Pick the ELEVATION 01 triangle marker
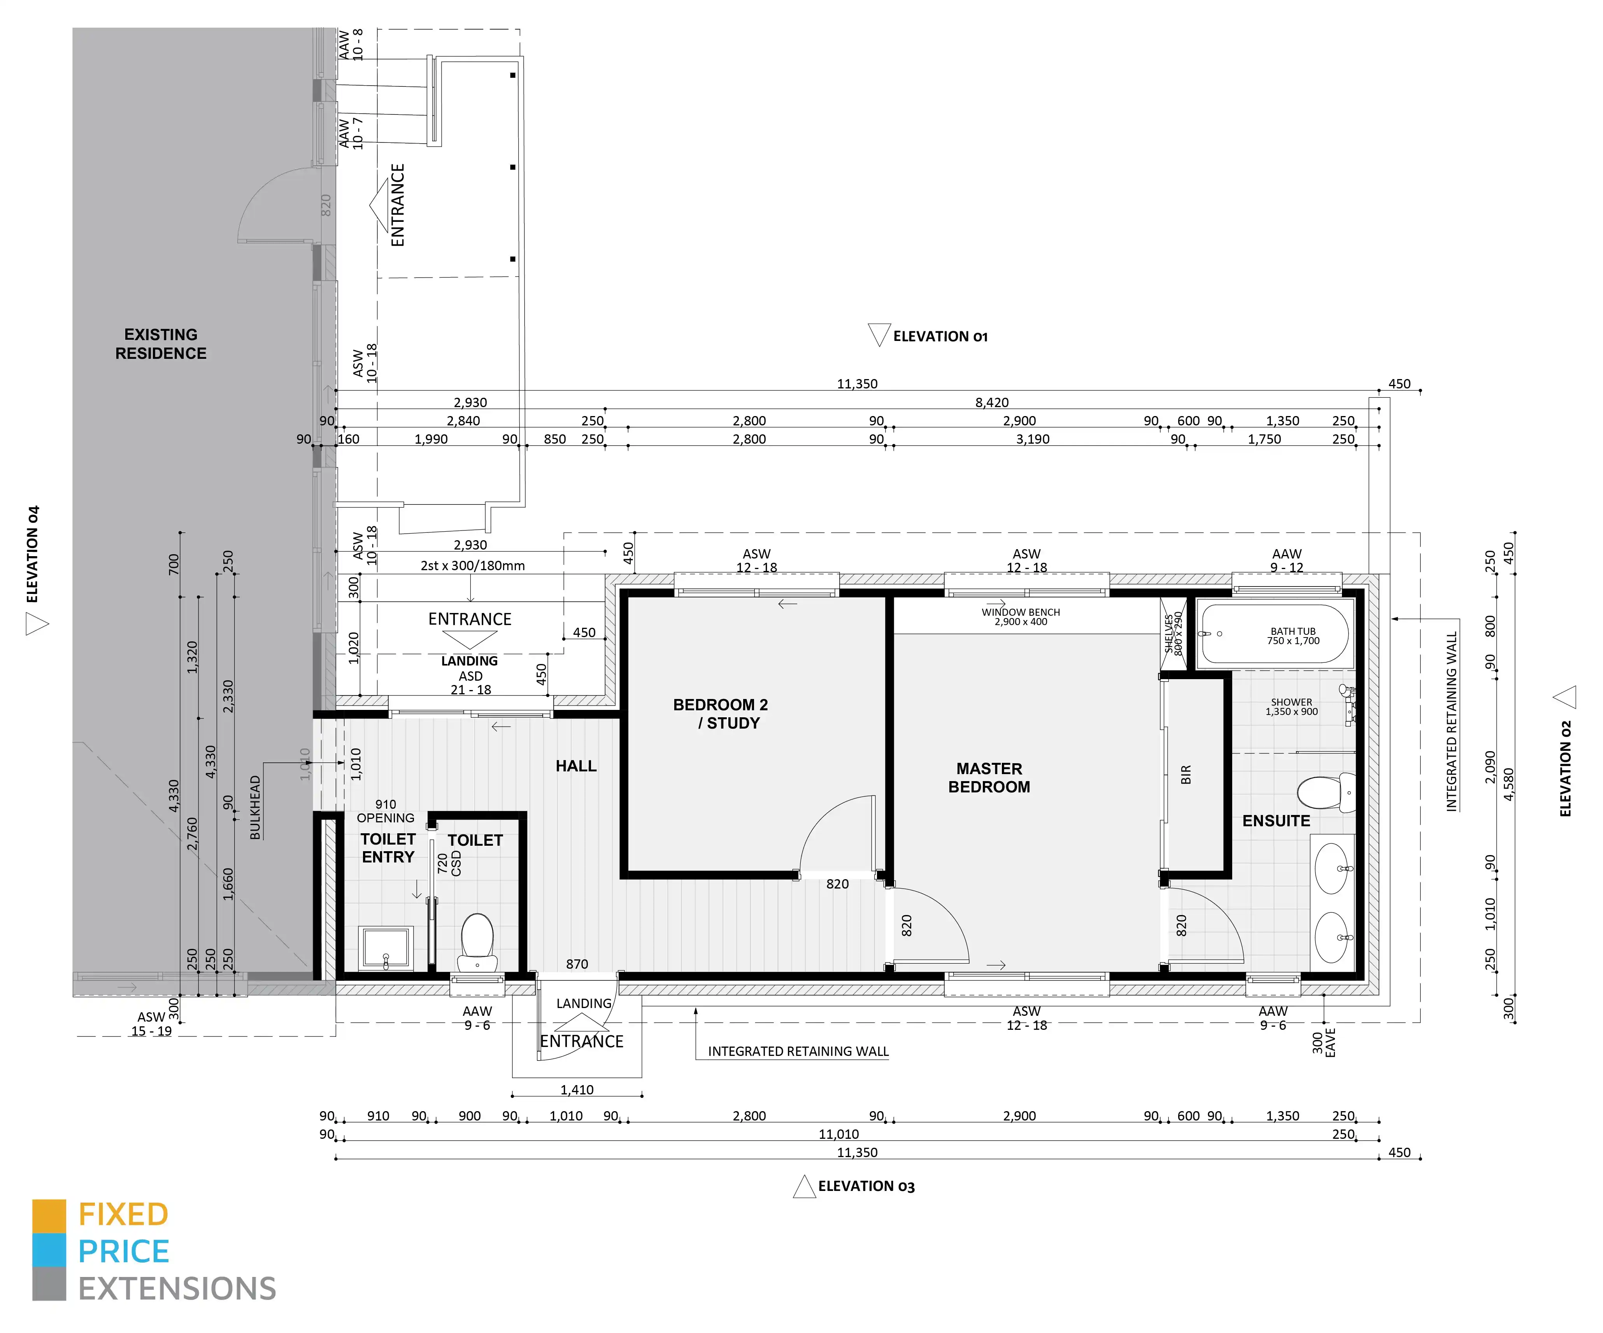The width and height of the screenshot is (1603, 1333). (x=879, y=334)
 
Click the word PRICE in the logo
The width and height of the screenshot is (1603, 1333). (x=124, y=1251)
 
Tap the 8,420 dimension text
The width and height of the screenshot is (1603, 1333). (x=992, y=402)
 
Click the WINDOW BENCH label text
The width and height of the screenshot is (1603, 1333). (x=1021, y=612)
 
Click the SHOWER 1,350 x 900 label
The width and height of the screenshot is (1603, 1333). (x=1292, y=707)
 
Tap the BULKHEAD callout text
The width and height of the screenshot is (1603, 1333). (x=256, y=808)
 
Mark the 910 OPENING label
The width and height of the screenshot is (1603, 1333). (x=386, y=811)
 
